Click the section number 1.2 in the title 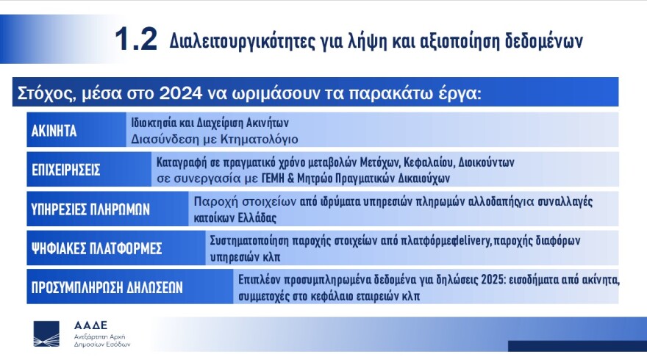click(x=137, y=40)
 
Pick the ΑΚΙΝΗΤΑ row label click(x=54, y=132)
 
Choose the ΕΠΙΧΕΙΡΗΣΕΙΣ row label click(x=66, y=170)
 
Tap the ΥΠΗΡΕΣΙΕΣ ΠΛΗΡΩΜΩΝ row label click(x=90, y=209)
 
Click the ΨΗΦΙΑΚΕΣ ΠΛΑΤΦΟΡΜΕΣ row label click(x=96, y=248)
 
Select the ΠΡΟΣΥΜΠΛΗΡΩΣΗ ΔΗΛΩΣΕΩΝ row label click(x=107, y=287)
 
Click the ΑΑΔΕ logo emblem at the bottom click(x=46, y=335)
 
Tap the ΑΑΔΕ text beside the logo click(x=90, y=325)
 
